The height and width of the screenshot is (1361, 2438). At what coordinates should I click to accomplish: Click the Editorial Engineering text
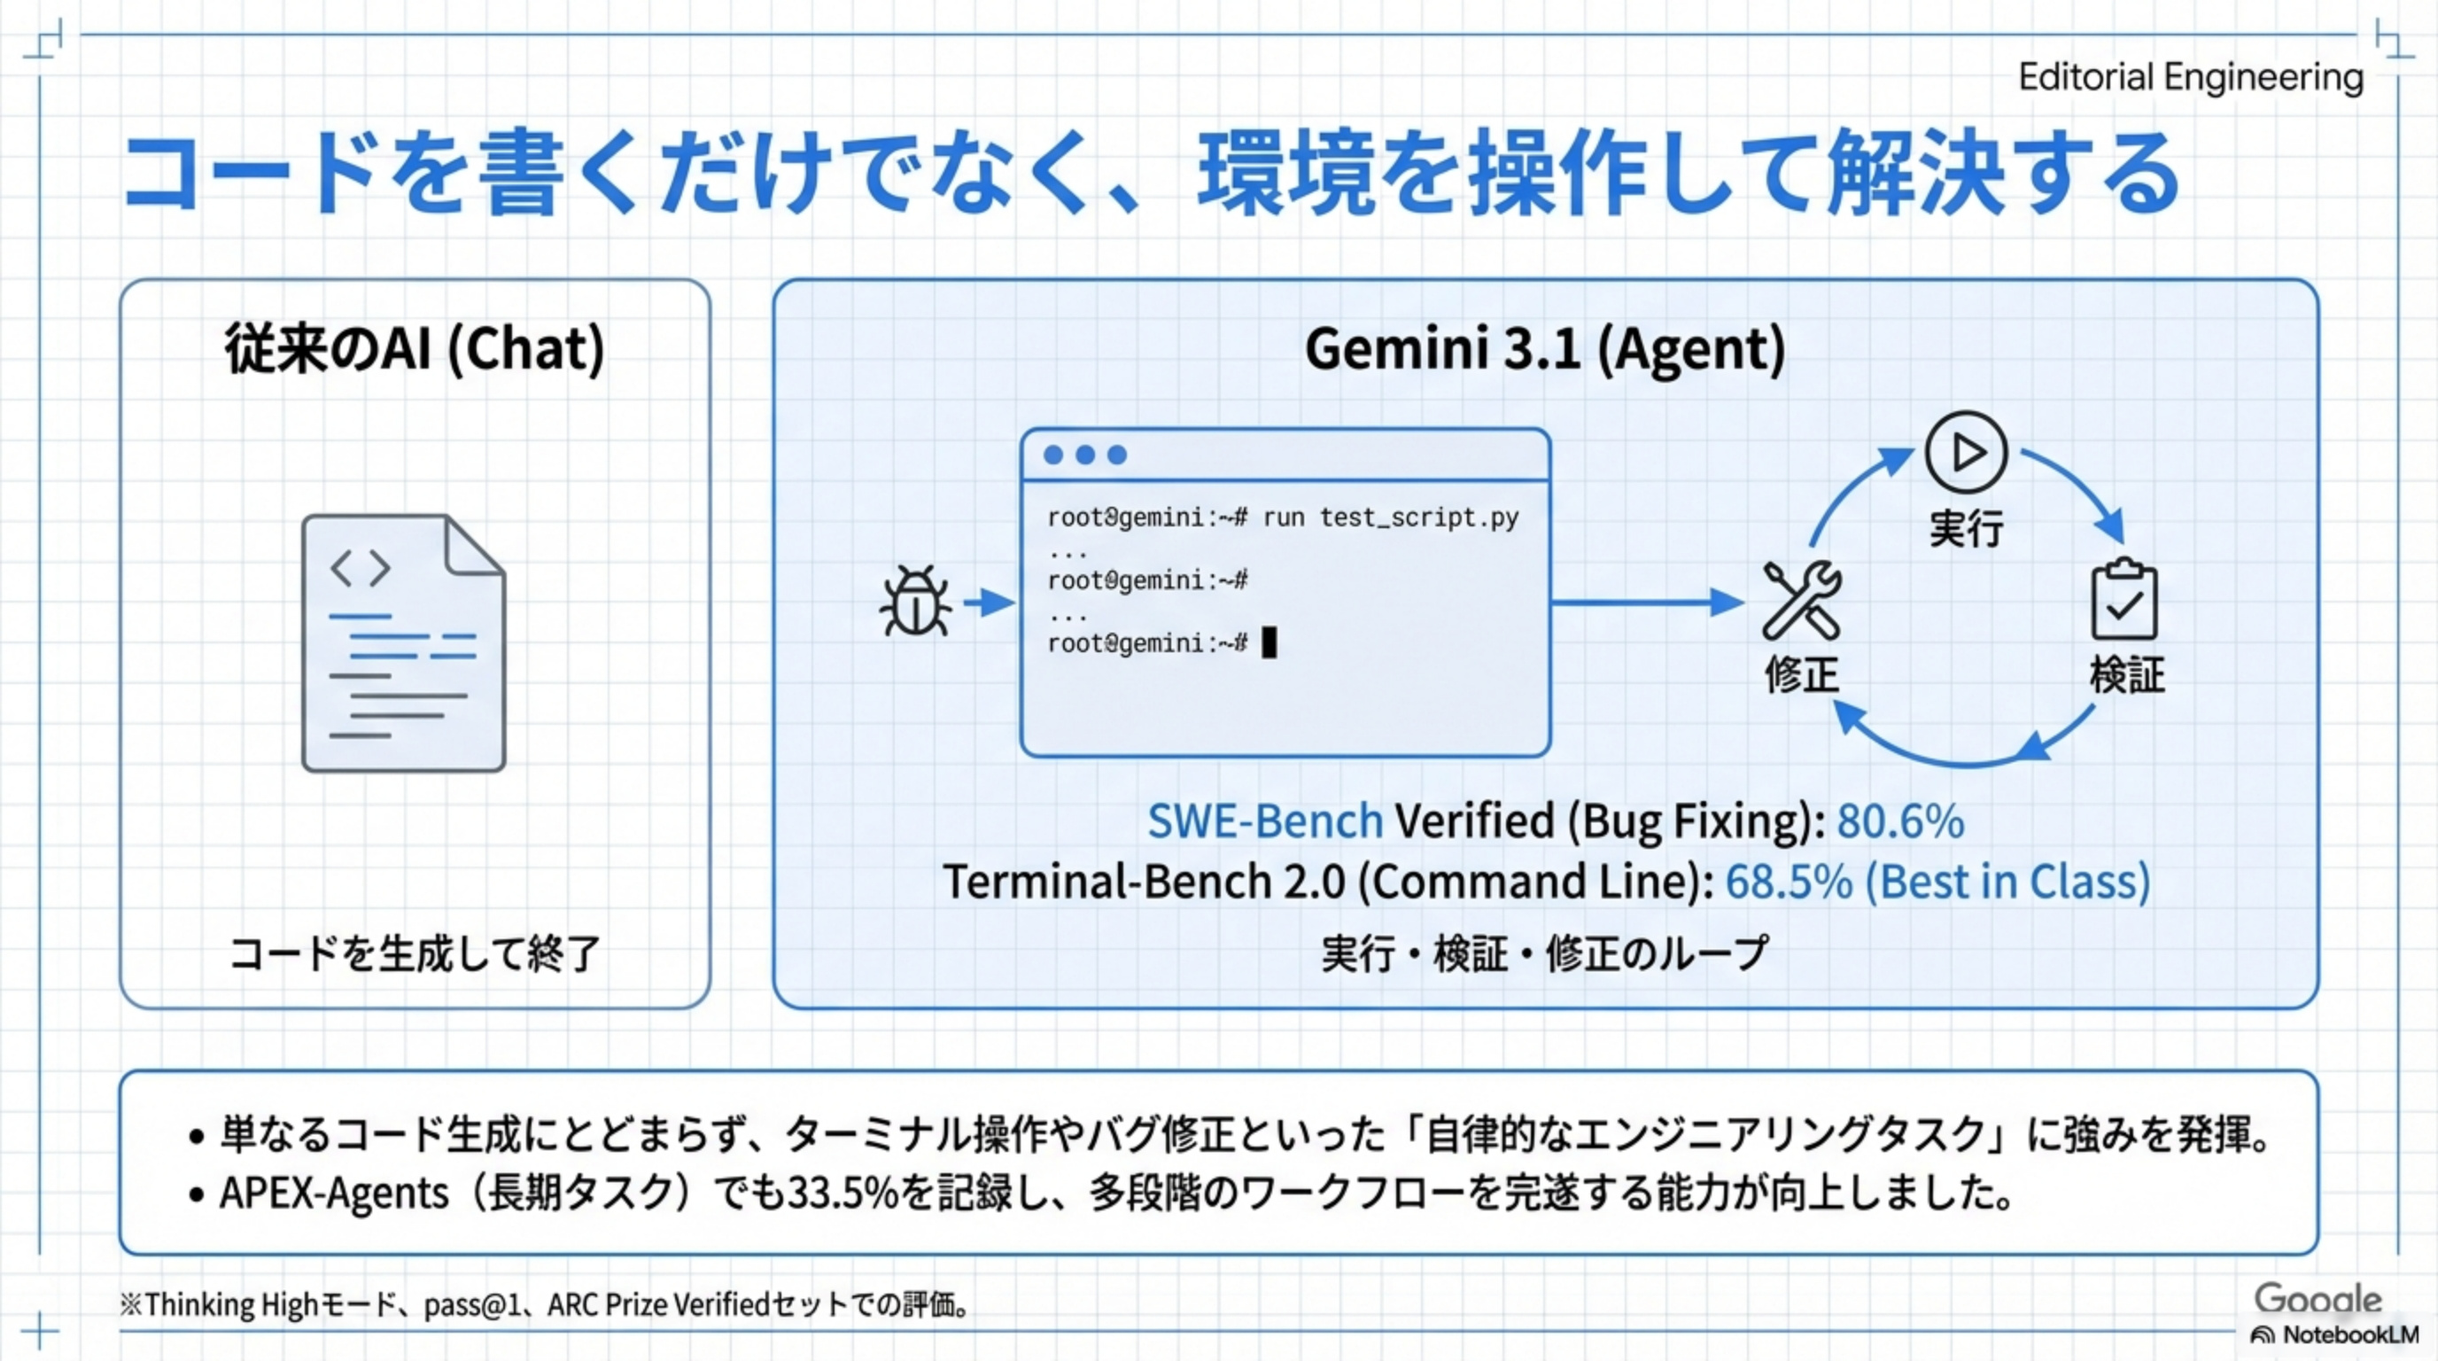[2190, 78]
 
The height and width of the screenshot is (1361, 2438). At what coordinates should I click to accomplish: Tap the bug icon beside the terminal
[915, 602]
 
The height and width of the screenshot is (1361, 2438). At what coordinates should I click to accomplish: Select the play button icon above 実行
[1966, 453]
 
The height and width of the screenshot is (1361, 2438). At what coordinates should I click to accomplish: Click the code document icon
[403, 643]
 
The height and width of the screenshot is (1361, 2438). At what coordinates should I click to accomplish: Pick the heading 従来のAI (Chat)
[415, 348]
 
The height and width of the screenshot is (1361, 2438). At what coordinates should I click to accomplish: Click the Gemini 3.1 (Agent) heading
[1545, 348]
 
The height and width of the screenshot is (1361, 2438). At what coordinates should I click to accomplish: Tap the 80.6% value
[1900, 821]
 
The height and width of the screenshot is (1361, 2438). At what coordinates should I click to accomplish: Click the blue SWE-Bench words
[1264, 821]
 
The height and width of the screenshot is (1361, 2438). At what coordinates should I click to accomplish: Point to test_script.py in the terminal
[1418, 517]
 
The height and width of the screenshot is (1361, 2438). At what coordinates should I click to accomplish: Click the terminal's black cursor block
[1269, 642]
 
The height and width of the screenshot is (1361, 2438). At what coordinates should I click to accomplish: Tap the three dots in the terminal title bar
[1084, 455]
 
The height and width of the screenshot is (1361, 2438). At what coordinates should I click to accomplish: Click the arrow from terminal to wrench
[1647, 602]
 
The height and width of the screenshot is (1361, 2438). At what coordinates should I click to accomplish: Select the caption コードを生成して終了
[415, 953]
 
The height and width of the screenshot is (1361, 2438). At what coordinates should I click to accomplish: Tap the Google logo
[2317, 1299]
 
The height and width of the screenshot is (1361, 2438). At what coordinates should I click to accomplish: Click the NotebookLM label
[2350, 1335]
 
